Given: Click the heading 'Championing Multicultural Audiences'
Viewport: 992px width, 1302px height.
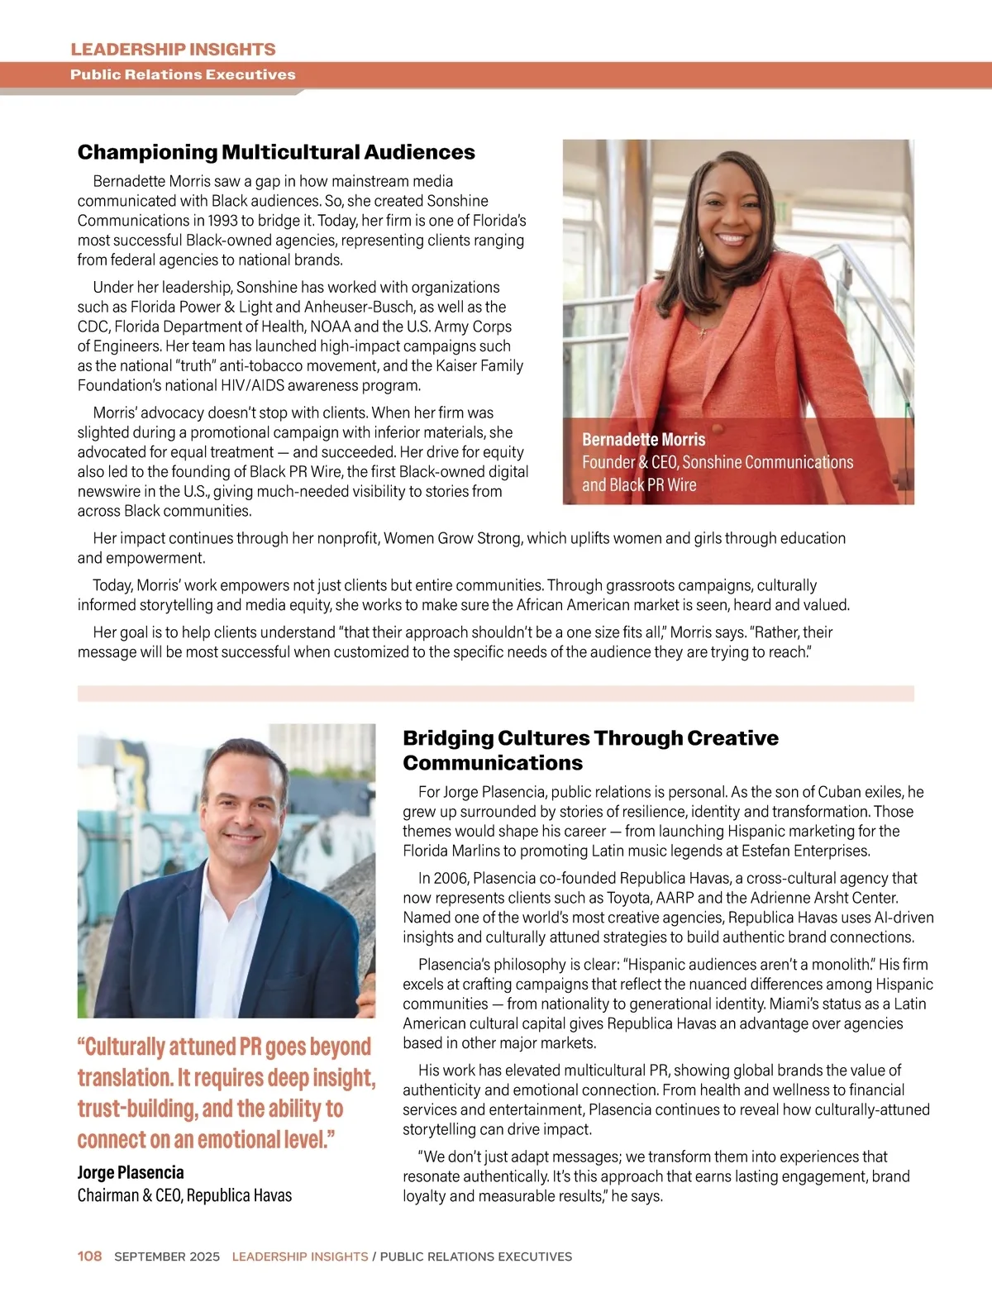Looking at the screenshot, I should point(276,152).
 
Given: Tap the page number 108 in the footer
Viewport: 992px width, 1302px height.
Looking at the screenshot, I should point(89,1256).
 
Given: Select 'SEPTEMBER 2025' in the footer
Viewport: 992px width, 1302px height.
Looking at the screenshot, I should point(167,1257).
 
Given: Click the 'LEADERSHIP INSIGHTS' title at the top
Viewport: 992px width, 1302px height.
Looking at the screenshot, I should point(173,49).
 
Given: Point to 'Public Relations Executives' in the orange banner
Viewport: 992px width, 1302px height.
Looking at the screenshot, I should point(183,74).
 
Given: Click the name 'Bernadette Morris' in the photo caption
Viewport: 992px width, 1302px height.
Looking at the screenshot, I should point(643,440).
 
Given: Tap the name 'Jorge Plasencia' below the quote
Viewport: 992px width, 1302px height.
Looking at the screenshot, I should point(131,1172).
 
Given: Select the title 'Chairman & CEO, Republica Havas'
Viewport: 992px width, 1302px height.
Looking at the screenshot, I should point(184,1195).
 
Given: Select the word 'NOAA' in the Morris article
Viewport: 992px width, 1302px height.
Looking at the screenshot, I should point(330,327).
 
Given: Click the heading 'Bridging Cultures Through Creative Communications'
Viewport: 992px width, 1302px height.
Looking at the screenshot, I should point(590,750).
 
